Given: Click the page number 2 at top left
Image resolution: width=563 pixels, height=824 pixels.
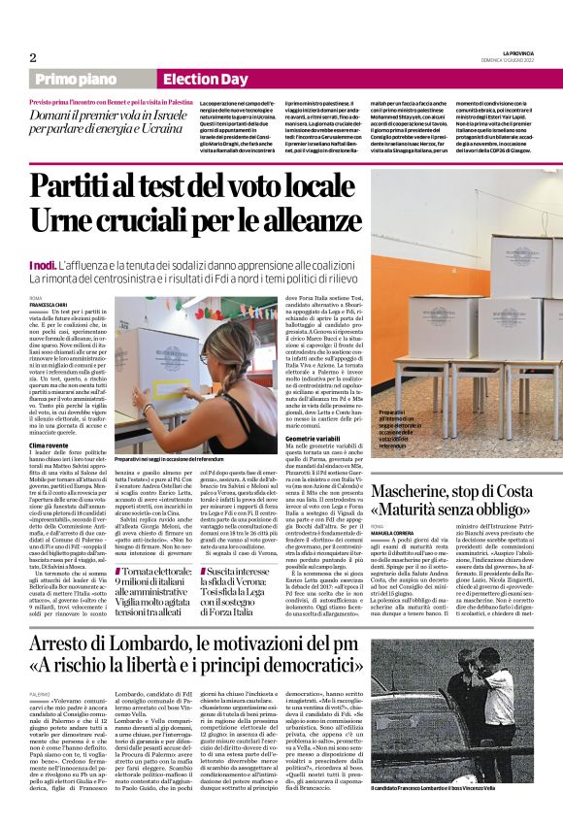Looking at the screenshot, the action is tap(32, 57).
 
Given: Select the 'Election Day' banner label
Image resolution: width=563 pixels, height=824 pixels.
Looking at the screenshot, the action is tap(205, 81).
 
